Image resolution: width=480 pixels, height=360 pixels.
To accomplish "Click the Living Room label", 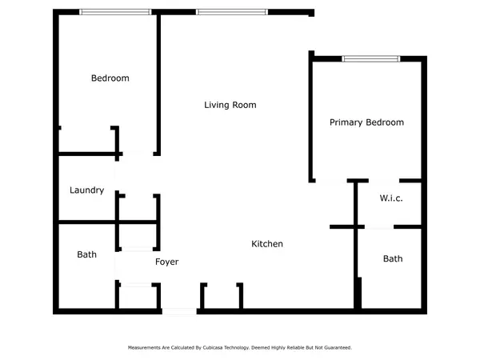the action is pyautogui.click(x=230, y=105).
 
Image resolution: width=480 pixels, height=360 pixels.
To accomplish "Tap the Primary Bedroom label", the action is pyautogui.click(x=366, y=122).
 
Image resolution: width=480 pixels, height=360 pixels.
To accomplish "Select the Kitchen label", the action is pyautogui.click(x=267, y=244).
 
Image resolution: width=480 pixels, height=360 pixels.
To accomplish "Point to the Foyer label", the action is pyautogui.click(x=167, y=262).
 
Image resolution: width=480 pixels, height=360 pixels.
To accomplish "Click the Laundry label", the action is pyautogui.click(x=87, y=190).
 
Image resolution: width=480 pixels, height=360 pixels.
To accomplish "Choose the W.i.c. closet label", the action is pyautogui.click(x=391, y=198).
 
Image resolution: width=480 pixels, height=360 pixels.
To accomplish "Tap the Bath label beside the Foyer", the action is pyautogui.click(x=86, y=254).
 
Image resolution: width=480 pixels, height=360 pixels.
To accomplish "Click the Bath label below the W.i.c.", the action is pyautogui.click(x=393, y=258).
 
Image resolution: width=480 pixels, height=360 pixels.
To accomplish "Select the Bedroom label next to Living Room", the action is pyautogui.click(x=110, y=78).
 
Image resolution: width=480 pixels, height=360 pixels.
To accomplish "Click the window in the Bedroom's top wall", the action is pyautogui.click(x=115, y=12).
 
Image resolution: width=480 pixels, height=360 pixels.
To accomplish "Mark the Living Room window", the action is pyautogui.click(x=232, y=12).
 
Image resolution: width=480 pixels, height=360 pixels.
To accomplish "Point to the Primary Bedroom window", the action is pyautogui.click(x=370, y=58).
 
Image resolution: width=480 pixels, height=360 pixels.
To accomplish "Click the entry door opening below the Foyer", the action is pyautogui.click(x=179, y=311).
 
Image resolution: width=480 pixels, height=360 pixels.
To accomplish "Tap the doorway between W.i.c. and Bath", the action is pyautogui.click(x=379, y=227).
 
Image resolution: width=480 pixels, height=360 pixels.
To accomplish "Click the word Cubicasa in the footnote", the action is pyautogui.click(x=213, y=347).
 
